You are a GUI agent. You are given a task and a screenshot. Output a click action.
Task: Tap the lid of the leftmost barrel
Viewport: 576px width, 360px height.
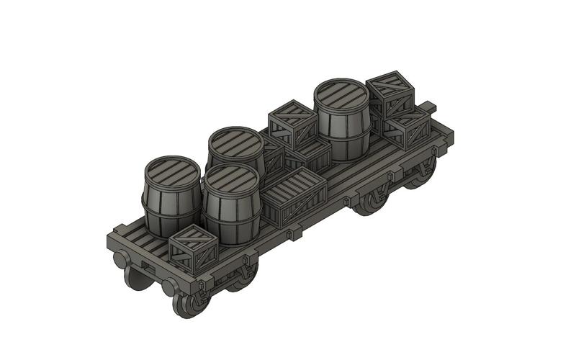tap(171, 173)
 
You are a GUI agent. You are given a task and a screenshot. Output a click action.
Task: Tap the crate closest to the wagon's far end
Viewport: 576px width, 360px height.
tap(408, 127)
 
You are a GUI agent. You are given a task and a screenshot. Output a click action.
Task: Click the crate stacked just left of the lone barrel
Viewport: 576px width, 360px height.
tap(292, 123)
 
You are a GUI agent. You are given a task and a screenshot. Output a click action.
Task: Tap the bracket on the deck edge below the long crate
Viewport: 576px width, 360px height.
tap(295, 234)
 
